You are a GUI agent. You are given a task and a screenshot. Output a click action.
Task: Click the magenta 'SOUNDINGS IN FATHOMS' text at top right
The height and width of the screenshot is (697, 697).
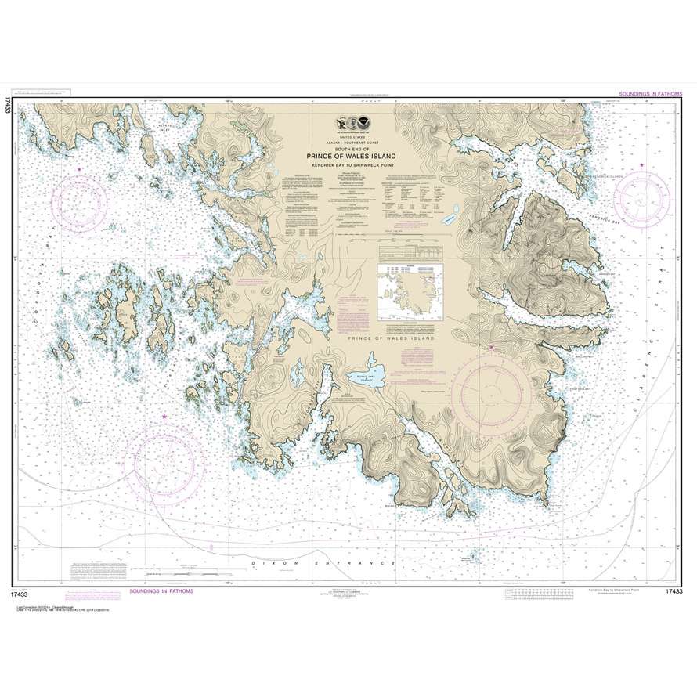[649, 93]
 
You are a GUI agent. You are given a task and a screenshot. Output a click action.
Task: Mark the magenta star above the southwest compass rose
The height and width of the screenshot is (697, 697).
[163, 417]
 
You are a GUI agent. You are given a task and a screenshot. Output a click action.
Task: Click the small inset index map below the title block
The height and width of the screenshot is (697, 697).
[408, 291]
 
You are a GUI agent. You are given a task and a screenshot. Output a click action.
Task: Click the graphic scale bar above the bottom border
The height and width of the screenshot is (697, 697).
[186, 574]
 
